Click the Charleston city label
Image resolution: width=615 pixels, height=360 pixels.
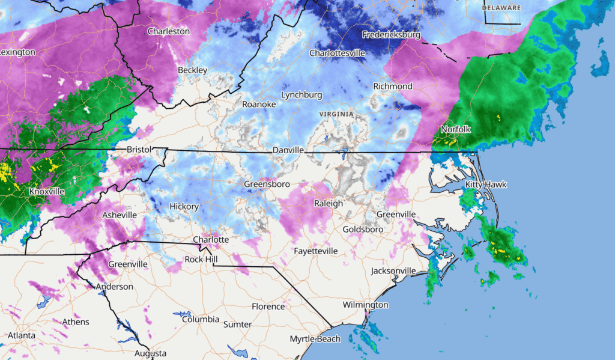click(168, 31)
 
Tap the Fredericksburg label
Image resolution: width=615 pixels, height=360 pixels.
click(391, 35)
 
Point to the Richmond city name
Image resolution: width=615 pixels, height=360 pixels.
click(393, 87)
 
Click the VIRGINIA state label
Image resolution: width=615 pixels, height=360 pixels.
click(336, 114)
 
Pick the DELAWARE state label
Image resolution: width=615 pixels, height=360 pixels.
click(501, 7)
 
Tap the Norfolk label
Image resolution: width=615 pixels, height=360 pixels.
click(455, 129)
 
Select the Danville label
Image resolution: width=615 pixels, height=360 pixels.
click(288, 150)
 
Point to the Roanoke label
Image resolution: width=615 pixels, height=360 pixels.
click(259, 104)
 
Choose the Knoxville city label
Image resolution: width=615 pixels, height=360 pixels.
click(47, 192)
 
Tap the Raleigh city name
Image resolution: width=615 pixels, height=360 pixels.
click(329, 203)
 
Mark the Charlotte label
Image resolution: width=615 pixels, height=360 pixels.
click(211, 240)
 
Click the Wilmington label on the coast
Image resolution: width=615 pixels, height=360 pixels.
click(365, 305)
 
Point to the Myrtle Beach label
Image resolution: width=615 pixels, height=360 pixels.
click(315, 339)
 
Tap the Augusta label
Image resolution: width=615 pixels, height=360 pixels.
click(150, 353)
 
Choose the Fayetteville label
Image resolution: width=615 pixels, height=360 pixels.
click(316, 251)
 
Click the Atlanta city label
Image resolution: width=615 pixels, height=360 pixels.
click(22, 335)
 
